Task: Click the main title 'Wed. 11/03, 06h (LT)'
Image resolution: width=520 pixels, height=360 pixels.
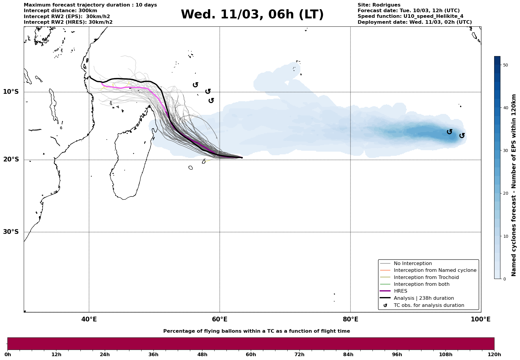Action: click(x=252, y=15)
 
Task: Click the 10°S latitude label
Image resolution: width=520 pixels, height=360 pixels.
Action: click(x=11, y=92)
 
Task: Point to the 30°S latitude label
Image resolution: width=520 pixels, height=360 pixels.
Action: click(x=11, y=232)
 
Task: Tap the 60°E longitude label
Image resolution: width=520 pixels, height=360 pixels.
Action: click(x=220, y=320)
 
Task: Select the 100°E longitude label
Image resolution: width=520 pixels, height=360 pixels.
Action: click(x=481, y=320)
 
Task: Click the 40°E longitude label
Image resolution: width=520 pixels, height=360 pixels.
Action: click(x=89, y=320)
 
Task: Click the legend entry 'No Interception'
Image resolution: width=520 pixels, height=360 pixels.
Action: click(x=413, y=264)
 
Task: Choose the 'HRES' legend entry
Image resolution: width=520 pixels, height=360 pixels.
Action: click(x=400, y=291)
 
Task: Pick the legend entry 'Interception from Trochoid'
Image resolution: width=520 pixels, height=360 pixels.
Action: click(x=426, y=277)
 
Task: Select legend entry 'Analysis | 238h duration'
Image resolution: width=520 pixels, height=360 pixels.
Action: click(x=424, y=298)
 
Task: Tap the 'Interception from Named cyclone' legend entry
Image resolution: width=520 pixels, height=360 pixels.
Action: click(x=435, y=270)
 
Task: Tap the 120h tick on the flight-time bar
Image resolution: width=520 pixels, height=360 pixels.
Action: click(x=494, y=354)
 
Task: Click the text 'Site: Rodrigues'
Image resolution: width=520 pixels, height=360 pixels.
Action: click(x=379, y=5)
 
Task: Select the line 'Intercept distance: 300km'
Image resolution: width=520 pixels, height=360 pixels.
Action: click(x=60, y=11)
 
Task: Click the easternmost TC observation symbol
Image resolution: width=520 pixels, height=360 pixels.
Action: click(x=462, y=136)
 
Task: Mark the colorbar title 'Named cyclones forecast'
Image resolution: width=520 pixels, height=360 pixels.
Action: click(x=514, y=185)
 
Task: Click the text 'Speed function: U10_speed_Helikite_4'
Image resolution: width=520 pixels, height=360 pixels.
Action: click(x=410, y=16)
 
